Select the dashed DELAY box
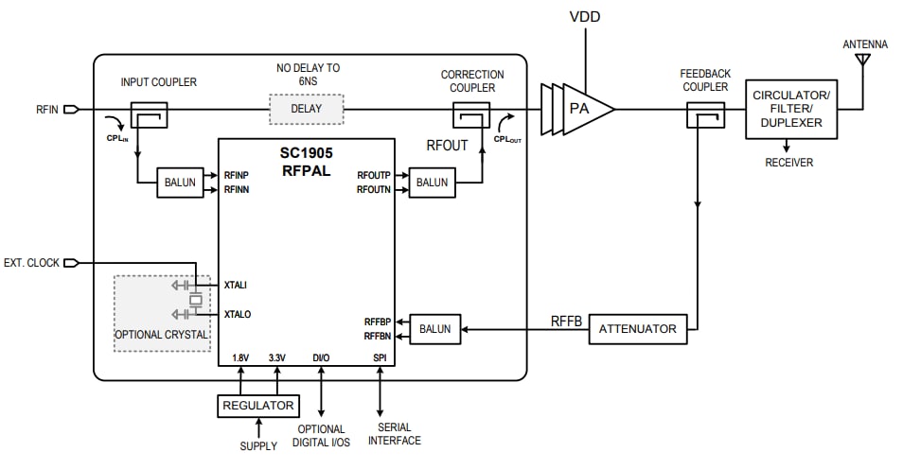click(x=306, y=109)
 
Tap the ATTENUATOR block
click(x=638, y=329)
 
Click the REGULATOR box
click(x=258, y=406)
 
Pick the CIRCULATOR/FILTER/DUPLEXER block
click(x=791, y=109)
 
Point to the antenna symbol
click(x=862, y=61)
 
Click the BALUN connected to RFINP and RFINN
click(x=181, y=183)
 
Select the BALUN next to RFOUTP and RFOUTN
click(x=432, y=183)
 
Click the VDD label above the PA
click(x=585, y=17)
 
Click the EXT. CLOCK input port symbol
click(x=69, y=262)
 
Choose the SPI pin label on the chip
click(x=380, y=357)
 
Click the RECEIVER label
click(x=789, y=163)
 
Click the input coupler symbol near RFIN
click(x=149, y=115)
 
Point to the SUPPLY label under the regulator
click(x=258, y=445)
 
